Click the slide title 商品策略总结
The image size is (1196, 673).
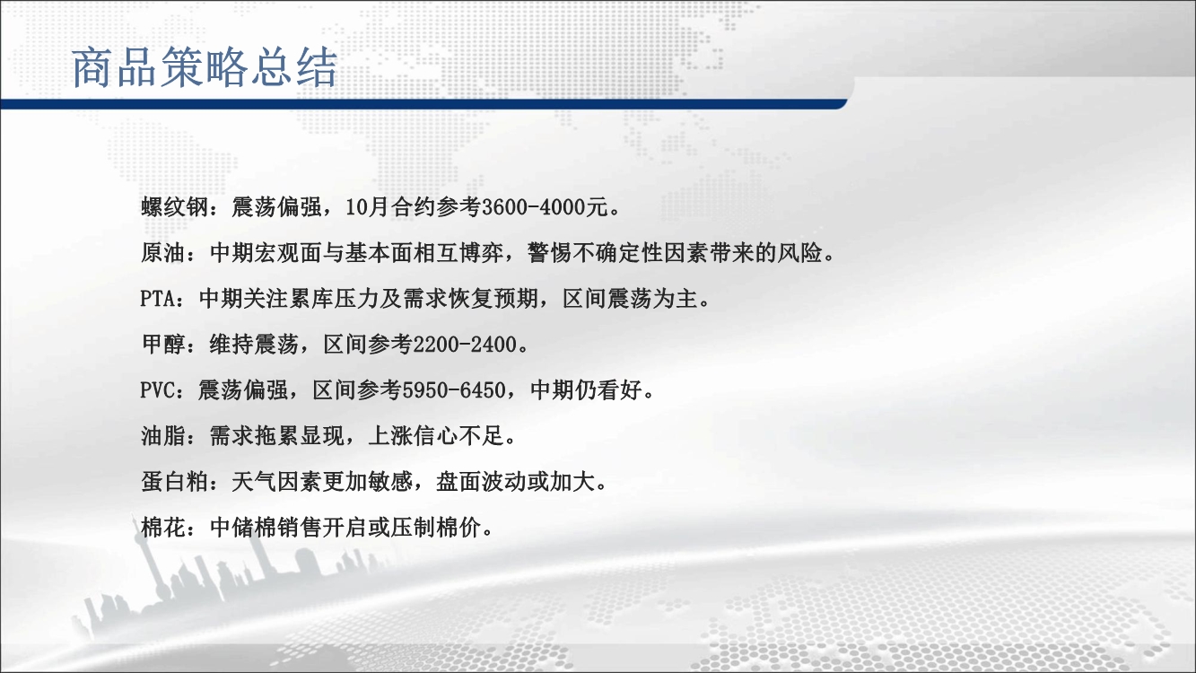pyautogui.click(x=205, y=67)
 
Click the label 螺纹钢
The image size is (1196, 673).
pyautogui.click(x=174, y=207)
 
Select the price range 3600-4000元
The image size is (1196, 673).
pyautogui.click(x=545, y=207)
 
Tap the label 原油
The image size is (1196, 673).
pyautogui.click(x=163, y=253)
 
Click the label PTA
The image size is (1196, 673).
pyautogui.click(x=158, y=299)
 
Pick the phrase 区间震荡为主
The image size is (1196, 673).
pyautogui.click(x=630, y=299)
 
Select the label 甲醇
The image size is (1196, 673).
pyautogui.click(x=163, y=345)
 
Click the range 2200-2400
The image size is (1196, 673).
pyautogui.click(x=465, y=345)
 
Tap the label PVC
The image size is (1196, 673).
pyautogui.click(x=158, y=390)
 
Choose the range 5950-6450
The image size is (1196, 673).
pyautogui.click(x=453, y=390)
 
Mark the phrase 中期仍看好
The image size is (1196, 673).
pyautogui.click(x=586, y=390)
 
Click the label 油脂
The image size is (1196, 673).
pyautogui.click(x=163, y=436)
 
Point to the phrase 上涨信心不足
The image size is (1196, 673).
pyautogui.click(x=436, y=436)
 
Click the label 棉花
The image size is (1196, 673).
pyautogui.click(x=163, y=528)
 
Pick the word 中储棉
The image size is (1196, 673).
pyautogui.click(x=243, y=528)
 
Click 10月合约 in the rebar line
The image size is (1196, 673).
pyautogui.click(x=390, y=207)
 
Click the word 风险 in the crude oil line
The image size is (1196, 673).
pyautogui.click(x=799, y=253)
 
